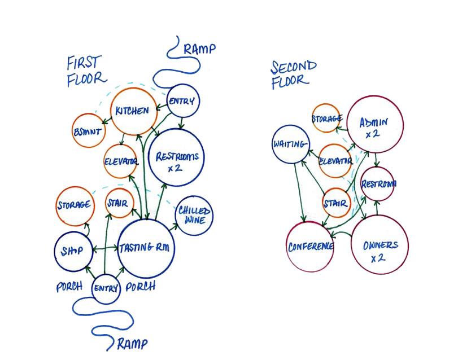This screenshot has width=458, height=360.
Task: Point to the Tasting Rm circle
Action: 147,248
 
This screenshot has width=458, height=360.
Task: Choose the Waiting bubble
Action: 291,144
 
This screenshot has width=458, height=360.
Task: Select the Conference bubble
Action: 310,247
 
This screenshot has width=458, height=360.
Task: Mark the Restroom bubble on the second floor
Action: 378,184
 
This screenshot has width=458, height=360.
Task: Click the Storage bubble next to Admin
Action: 326,118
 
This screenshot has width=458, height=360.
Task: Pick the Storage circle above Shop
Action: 74,204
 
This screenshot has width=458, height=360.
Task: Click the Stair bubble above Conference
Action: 337,203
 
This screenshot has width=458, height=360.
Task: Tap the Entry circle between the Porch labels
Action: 106,288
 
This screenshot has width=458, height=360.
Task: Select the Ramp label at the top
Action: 199,49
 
